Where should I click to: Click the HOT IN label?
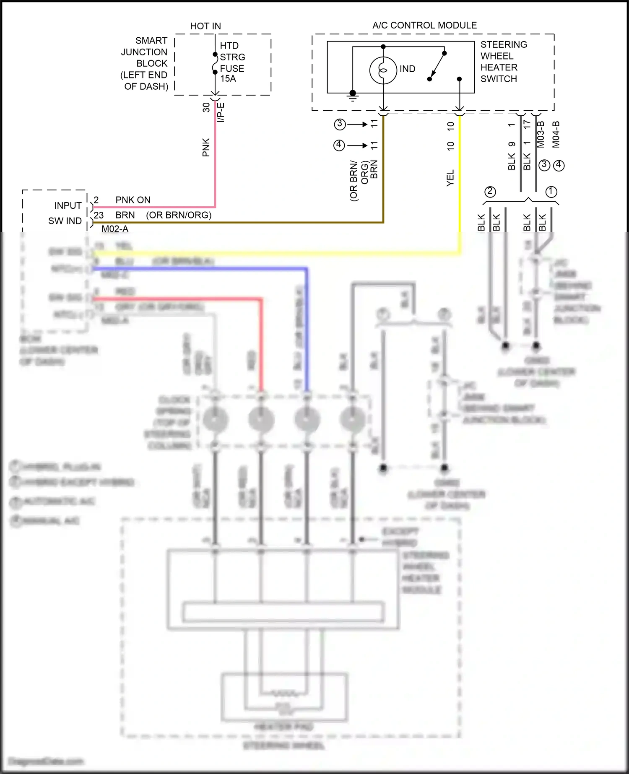(x=205, y=26)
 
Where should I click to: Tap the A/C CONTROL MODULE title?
(x=424, y=25)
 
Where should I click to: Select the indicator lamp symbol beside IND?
(x=383, y=70)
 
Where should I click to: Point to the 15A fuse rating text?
(x=228, y=79)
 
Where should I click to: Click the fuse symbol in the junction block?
(x=215, y=63)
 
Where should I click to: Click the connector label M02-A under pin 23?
(x=115, y=229)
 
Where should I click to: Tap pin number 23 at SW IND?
(x=99, y=215)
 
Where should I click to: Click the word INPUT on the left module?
(x=68, y=205)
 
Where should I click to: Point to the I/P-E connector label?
(x=221, y=112)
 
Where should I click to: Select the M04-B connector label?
(x=556, y=134)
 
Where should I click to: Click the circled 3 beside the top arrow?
(x=340, y=124)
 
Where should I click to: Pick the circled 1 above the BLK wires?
(x=551, y=192)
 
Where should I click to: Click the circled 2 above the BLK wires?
(x=490, y=192)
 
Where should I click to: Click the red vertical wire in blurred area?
(x=262, y=344)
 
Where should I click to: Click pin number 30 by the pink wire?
(x=206, y=107)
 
